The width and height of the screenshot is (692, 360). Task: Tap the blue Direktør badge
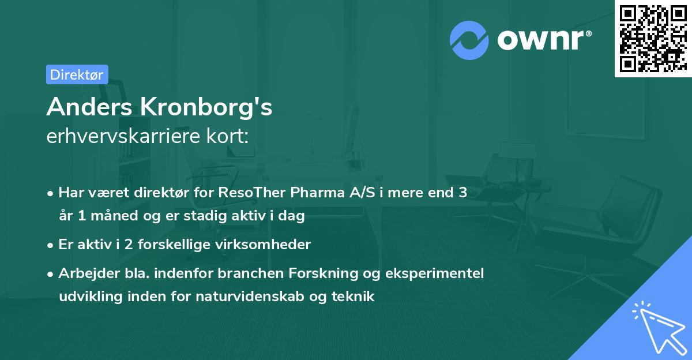77,74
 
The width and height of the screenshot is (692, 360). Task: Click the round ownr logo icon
469,40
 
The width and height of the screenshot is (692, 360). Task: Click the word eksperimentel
439,273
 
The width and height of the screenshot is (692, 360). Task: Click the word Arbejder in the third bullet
84,273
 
